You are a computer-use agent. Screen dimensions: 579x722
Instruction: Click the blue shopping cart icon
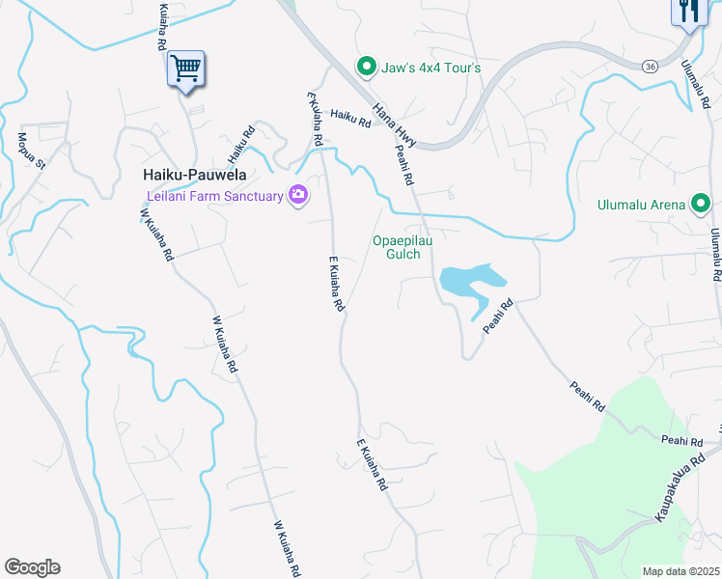[x=184, y=69]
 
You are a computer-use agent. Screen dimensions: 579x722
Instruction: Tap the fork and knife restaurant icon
[x=687, y=11]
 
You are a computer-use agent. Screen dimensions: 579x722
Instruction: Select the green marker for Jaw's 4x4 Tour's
[x=366, y=67]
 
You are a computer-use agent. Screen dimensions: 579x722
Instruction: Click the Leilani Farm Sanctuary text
[x=214, y=196]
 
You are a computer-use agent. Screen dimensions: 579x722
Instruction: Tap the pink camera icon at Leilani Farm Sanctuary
[x=297, y=196]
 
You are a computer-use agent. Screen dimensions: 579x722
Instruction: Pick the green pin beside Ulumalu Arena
[x=701, y=204]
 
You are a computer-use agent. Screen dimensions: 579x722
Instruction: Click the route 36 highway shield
[x=652, y=65]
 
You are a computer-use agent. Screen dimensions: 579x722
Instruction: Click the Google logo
[x=32, y=566]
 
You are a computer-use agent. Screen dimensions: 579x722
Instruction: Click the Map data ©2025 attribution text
[x=680, y=571]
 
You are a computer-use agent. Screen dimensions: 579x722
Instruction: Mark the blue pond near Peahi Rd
[x=470, y=281]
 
